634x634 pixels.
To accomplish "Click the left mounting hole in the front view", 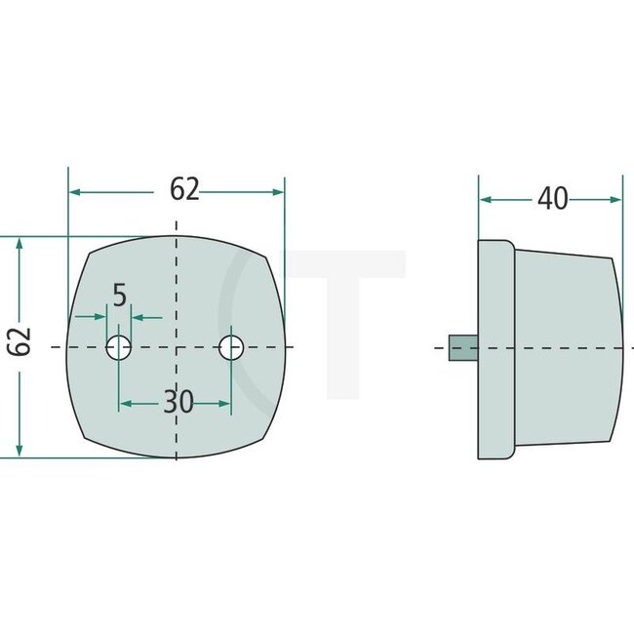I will tap(119, 347).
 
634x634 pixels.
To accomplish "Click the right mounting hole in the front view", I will tap(231, 347).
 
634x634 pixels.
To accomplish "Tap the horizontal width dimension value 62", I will tap(184, 189).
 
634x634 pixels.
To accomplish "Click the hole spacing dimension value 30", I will tap(178, 402).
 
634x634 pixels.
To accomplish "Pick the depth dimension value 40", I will tap(552, 199).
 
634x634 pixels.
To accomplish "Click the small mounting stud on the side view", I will tap(462, 348).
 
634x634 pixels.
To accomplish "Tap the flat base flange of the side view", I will tap(495, 348).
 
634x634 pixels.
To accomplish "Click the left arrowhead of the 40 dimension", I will tap(485, 199).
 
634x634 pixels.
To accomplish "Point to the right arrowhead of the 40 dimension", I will tap(615, 199).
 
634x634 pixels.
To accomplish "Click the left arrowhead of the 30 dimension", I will tap(125, 402).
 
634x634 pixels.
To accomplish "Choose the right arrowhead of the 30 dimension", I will tap(225, 402).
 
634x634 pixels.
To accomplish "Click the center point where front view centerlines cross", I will tap(176, 347).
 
